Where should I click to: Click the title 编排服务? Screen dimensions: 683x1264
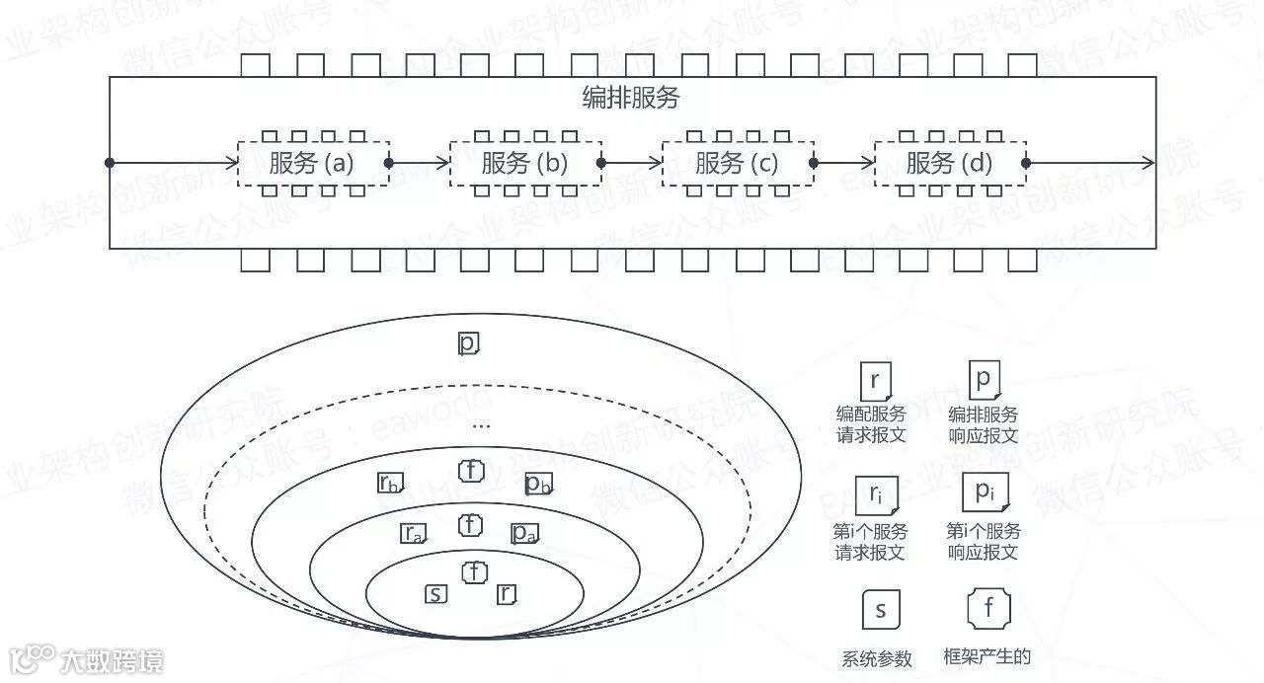(x=631, y=99)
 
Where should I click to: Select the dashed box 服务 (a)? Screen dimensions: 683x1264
(x=313, y=163)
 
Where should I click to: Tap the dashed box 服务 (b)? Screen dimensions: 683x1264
(x=525, y=163)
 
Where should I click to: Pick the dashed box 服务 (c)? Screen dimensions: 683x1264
(x=738, y=163)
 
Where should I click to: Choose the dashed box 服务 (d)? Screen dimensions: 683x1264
(x=950, y=163)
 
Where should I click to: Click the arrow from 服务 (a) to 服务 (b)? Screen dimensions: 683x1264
(x=420, y=163)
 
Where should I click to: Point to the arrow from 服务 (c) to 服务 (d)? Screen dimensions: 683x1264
(x=844, y=163)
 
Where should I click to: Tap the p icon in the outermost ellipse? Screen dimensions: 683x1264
(x=468, y=343)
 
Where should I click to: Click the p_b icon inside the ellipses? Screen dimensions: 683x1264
(x=538, y=484)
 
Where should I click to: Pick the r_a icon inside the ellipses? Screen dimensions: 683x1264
(x=413, y=533)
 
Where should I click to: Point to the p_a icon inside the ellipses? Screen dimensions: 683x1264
(x=523, y=533)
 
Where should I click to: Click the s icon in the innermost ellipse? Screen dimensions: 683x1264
(x=435, y=594)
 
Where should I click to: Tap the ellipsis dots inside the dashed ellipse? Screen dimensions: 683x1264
(x=481, y=426)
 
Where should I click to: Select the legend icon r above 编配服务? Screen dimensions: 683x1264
(x=875, y=381)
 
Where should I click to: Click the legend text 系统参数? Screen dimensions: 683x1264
(x=877, y=659)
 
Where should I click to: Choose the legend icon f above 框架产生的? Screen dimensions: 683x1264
(x=988, y=609)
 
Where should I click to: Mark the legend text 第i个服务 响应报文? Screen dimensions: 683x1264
(x=984, y=542)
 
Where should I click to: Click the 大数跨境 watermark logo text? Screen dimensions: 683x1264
(x=111, y=660)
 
